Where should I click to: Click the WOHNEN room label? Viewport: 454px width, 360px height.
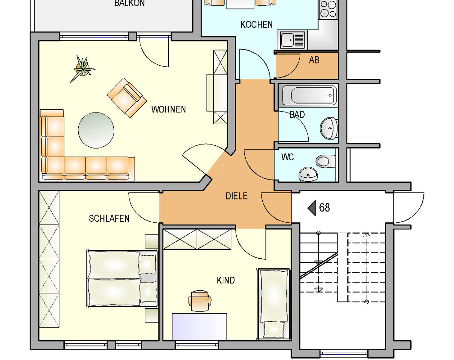[168, 109]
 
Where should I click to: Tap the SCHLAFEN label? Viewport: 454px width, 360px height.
[109, 219]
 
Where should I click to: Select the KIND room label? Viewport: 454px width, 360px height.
[225, 280]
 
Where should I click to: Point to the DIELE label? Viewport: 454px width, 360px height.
[236, 196]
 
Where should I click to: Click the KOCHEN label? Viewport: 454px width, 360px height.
[256, 24]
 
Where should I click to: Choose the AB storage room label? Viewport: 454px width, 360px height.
[314, 60]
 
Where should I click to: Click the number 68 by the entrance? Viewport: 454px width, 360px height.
[324, 208]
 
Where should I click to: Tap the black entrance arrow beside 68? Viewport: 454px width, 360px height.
[311, 208]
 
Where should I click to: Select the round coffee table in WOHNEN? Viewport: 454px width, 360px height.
[96, 130]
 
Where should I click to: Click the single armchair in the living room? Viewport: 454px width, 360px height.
[126, 98]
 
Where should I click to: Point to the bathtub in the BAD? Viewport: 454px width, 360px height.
[309, 95]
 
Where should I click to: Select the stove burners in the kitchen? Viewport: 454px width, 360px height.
[328, 9]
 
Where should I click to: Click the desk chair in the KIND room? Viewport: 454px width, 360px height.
[200, 300]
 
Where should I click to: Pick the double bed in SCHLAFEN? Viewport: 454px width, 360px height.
[121, 278]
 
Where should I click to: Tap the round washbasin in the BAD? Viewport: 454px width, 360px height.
[329, 128]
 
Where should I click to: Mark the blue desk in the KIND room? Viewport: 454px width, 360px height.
[199, 326]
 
